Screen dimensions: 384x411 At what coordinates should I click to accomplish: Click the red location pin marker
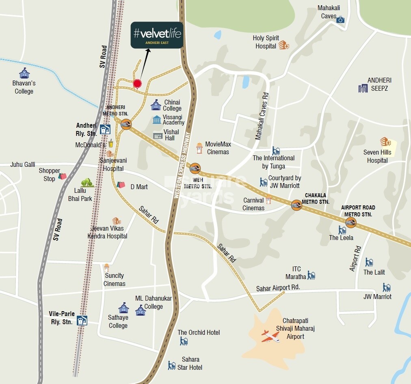tap(137, 84)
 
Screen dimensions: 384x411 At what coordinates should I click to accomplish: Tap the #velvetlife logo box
tap(156, 35)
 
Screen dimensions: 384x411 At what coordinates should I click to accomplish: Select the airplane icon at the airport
tap(270, 336)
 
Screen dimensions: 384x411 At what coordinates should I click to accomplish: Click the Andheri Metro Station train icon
tap(126, 124)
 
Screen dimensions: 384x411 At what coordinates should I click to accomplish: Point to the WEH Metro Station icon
tap(195, 168)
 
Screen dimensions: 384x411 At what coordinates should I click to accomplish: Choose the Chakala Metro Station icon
tap(296, 205)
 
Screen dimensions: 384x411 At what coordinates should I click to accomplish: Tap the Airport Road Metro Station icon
tap(350, 222)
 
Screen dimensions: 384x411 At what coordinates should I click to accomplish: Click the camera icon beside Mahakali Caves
tap(340, 20)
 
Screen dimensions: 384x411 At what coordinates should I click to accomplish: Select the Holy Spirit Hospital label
tap(266, 42)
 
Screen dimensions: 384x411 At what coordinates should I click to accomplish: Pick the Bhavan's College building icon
tap(24, 73)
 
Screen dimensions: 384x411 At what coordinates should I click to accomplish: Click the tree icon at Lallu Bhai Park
tap(87, 183)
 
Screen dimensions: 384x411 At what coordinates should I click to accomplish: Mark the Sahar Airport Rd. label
tap(278, 288)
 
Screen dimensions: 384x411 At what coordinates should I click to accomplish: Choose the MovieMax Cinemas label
tap(218, 148)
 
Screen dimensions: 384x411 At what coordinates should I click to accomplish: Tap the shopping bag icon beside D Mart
tap(121, 185)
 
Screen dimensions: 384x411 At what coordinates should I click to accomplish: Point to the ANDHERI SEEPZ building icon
tap(362, 88)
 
